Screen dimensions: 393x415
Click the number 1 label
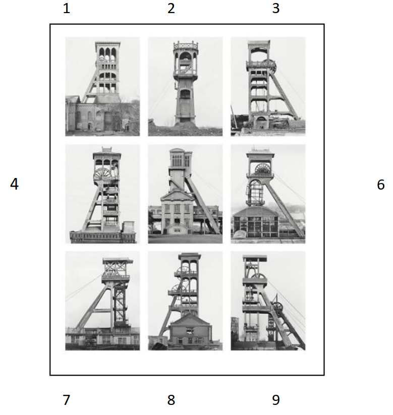click(x=67, y=9)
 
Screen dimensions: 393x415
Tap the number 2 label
click(x=171, y=9)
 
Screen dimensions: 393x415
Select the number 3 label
click(x=276, y=9)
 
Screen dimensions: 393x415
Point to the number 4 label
click(x=14, y=184)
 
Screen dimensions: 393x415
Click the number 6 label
click(x=381, y=185)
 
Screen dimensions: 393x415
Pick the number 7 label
click(x=67, y=400)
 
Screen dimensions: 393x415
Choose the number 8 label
click(x=171, y=400)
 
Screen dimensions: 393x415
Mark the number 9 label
click(x=276, y=400)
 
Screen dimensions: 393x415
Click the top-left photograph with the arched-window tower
click(x=102, y=86)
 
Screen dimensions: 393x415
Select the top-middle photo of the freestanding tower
click(x=185, y=86)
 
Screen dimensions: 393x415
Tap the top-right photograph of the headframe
click(x=268, y=86)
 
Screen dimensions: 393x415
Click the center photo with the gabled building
click(x=185, y=194)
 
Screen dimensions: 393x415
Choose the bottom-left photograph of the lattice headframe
click(x=102, y=301)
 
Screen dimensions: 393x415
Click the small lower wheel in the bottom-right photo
click(x=277, y=307)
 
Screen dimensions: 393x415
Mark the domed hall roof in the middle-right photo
click(x=256, y=211)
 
